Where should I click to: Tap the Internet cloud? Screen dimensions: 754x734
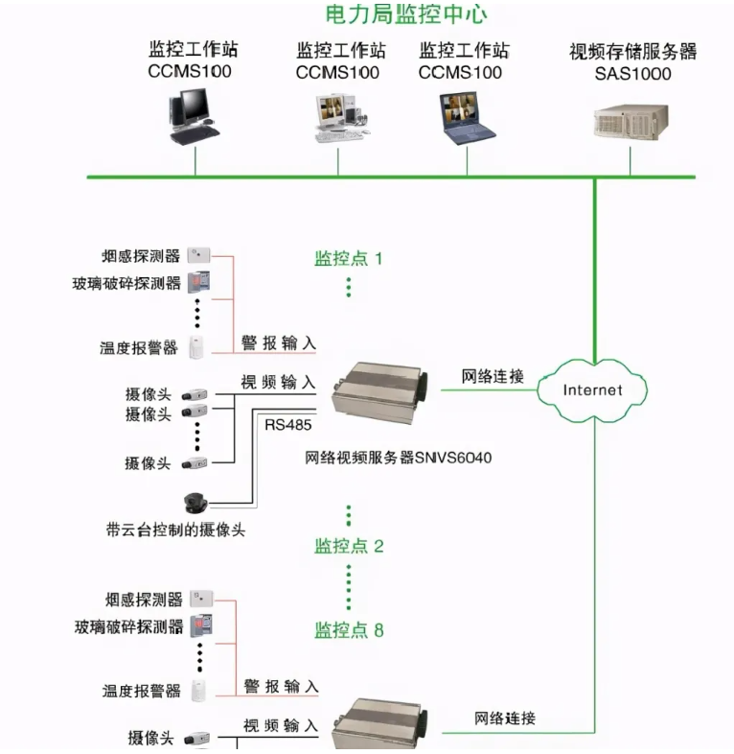pyautogui.click(x=592, y=389)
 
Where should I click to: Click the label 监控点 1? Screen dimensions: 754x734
pyautogui.click(x=349, y=258)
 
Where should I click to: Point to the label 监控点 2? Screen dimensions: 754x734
pyautogui.click(x=349, y=546)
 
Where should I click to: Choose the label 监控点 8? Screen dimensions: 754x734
pyautogui.click(x=349, y=630)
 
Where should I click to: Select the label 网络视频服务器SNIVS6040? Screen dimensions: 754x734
pyautogui.click(x=398, y=459)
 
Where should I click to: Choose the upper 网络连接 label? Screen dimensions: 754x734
pyautogui.click(x=493, y=376)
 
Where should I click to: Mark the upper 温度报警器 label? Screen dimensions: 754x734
pyautogui.click(x=139, y=348)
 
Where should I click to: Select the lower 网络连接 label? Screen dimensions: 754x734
pyautogui.click(x=505, y=718)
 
